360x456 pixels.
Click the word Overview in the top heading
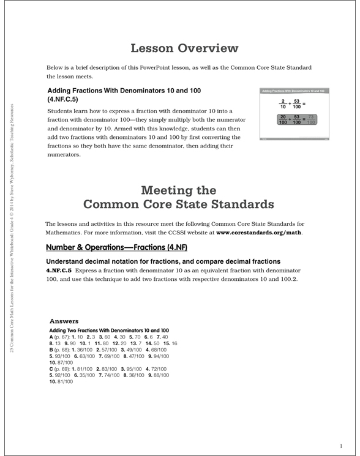207,48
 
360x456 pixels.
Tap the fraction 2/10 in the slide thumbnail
282,103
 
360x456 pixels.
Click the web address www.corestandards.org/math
260,233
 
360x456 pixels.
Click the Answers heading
64,320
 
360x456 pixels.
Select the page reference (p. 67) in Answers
62,337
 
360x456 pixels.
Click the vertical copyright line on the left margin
12,239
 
